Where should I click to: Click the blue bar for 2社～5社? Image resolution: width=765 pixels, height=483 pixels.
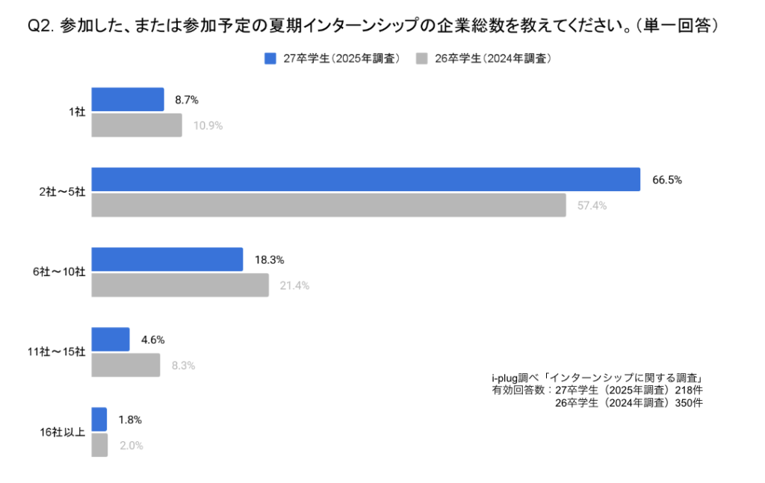pyautogui.click(x=365, y=179)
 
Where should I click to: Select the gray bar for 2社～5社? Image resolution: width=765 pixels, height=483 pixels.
pyautogui.click(x=329, y=205)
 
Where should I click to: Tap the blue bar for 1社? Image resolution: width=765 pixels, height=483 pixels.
pyautogui.click(x=127, y=99)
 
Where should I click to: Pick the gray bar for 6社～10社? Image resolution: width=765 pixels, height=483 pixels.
pyautogui.click(x=179, y=285)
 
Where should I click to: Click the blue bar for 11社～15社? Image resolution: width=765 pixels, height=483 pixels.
pyautogui.click(x=110, y=339)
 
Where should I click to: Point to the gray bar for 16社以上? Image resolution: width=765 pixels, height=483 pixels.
pyautogui.click(x=99, y=445)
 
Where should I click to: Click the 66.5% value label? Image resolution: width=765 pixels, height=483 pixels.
pyautogui.click(x=667, y=180)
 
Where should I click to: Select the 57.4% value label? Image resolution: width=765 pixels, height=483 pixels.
pyautogui.click(x=592, y=205)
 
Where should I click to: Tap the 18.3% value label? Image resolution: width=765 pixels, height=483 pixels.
pyautogui.click(x=269, y=260)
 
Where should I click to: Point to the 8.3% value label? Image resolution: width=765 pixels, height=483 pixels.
pyautogui.click(x=183, y=366)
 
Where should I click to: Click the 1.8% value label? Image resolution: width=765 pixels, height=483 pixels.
pyautogui.click(x=130, y=420)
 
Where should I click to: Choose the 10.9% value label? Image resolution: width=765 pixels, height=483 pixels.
pyautogui.click(x=208, y=125)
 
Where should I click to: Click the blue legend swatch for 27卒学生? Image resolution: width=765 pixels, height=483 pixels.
pyautogui.click(x=270, y=58)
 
